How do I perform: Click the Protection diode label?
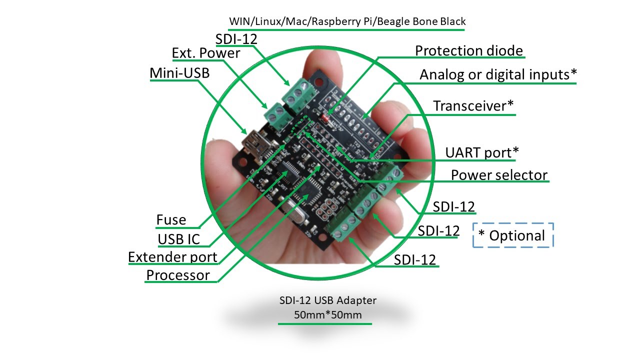tap(469, 51)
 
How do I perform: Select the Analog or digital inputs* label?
tap(498, 74)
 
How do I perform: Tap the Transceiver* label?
tap(473, 106)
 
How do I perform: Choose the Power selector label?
tap(499, 175)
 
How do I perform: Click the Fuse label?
tap(171, 220)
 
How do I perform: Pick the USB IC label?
tap(178, 239)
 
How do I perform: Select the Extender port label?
tap(172, 257)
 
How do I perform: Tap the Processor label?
tap(177, 275)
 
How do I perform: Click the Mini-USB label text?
tap(179, 73)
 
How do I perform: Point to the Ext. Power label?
tap(206, 53)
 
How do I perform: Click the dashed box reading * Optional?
tap(513, 235)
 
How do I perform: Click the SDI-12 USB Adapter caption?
tap(328, 300)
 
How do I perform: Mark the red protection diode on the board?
tap(324, 118)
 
